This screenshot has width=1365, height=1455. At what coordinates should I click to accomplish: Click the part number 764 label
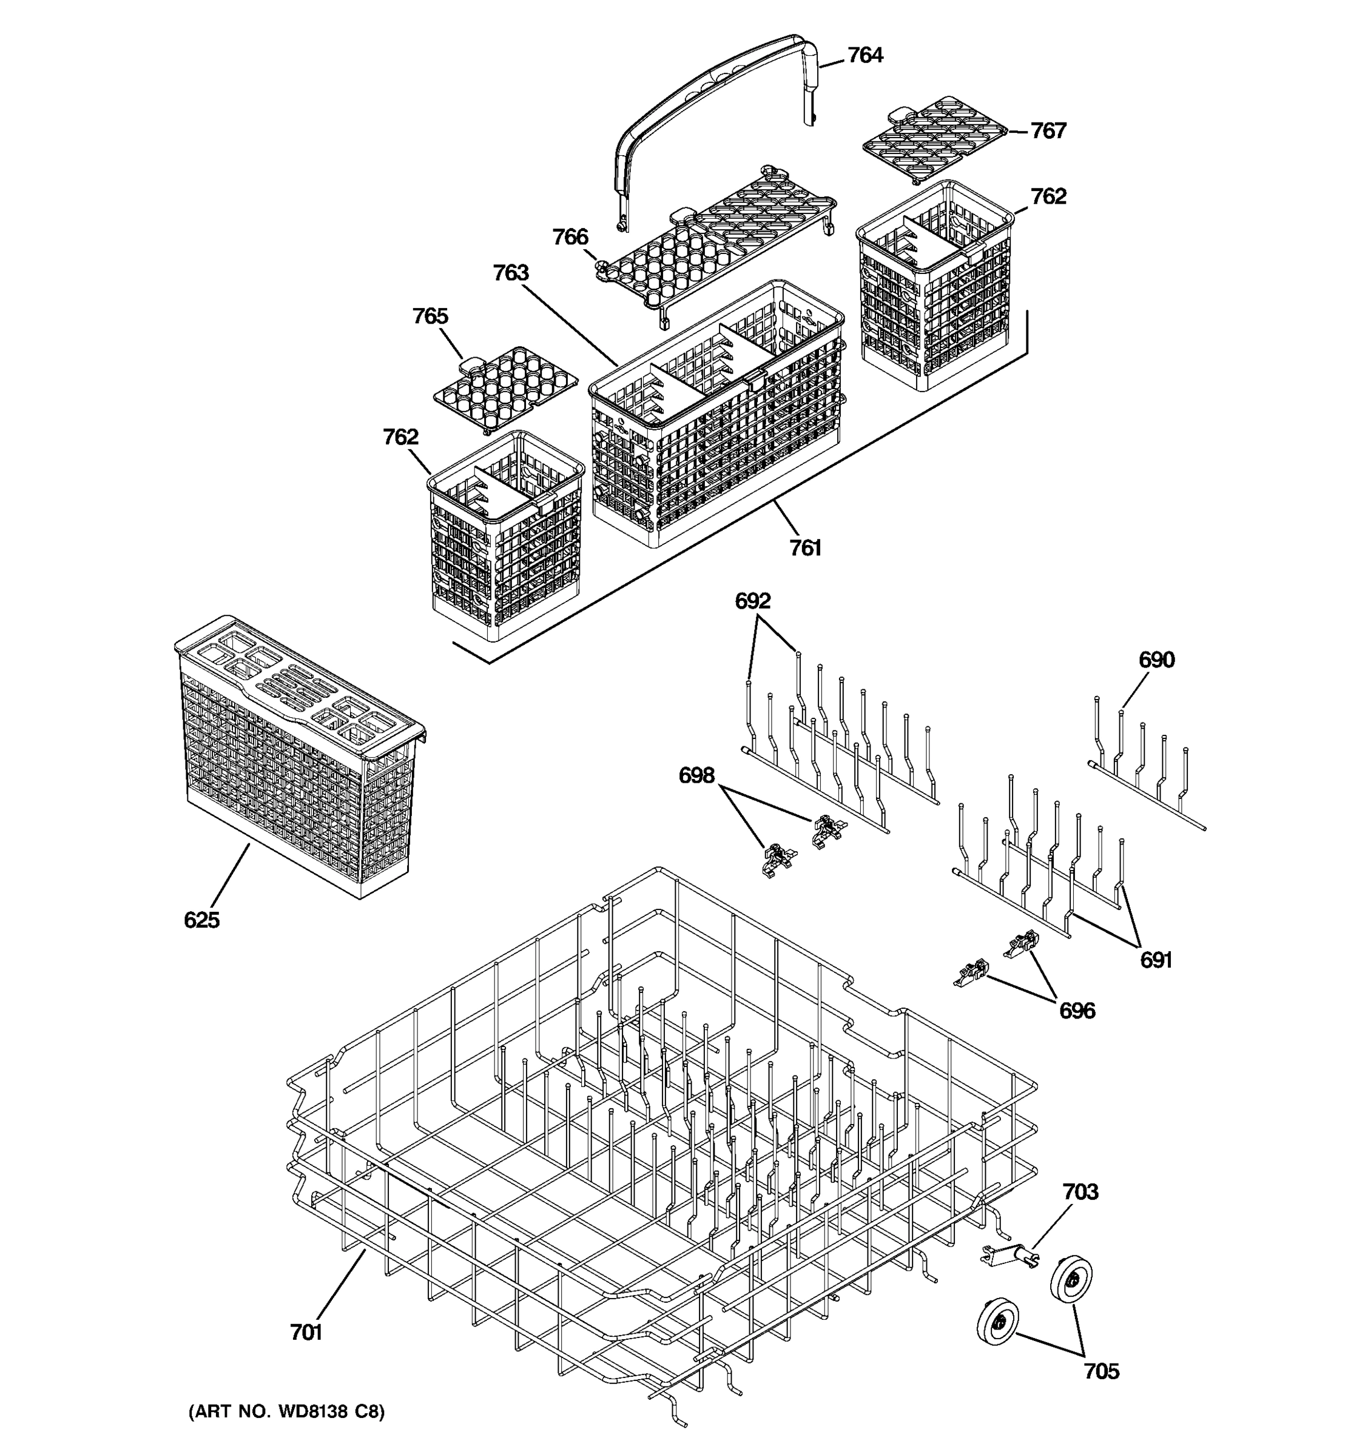click(865, 56)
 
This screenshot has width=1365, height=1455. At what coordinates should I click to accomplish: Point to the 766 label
click(570, 237)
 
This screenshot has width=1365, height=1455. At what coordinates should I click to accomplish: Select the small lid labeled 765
click(505, 388)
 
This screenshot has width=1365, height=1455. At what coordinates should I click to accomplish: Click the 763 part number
click(510, 273)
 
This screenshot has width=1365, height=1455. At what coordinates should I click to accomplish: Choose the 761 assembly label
click(805, 548)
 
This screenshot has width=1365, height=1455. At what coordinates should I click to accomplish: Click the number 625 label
click(201, 920)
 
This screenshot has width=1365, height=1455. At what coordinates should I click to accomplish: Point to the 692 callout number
click(753, 601)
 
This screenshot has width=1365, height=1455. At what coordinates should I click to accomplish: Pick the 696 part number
click(1076, 1011)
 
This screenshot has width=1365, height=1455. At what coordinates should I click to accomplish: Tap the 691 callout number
click(1156, 960)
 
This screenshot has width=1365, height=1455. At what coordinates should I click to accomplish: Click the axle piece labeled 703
click(1011, 1257)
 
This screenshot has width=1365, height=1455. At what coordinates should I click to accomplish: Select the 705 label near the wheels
click(1100, 1371)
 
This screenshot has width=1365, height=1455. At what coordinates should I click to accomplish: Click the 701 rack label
click(306, 1333)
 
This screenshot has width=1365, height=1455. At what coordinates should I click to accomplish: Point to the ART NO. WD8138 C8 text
click(286, 1411)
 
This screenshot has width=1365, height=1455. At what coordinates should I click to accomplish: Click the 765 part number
click(430, 316)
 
